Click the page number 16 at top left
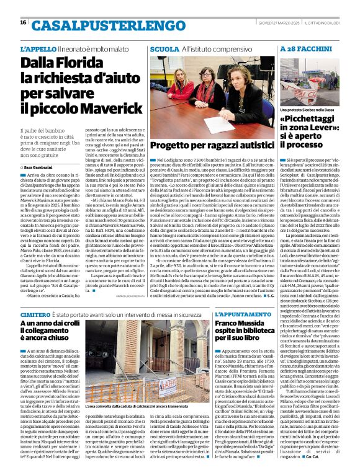[23, 22]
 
